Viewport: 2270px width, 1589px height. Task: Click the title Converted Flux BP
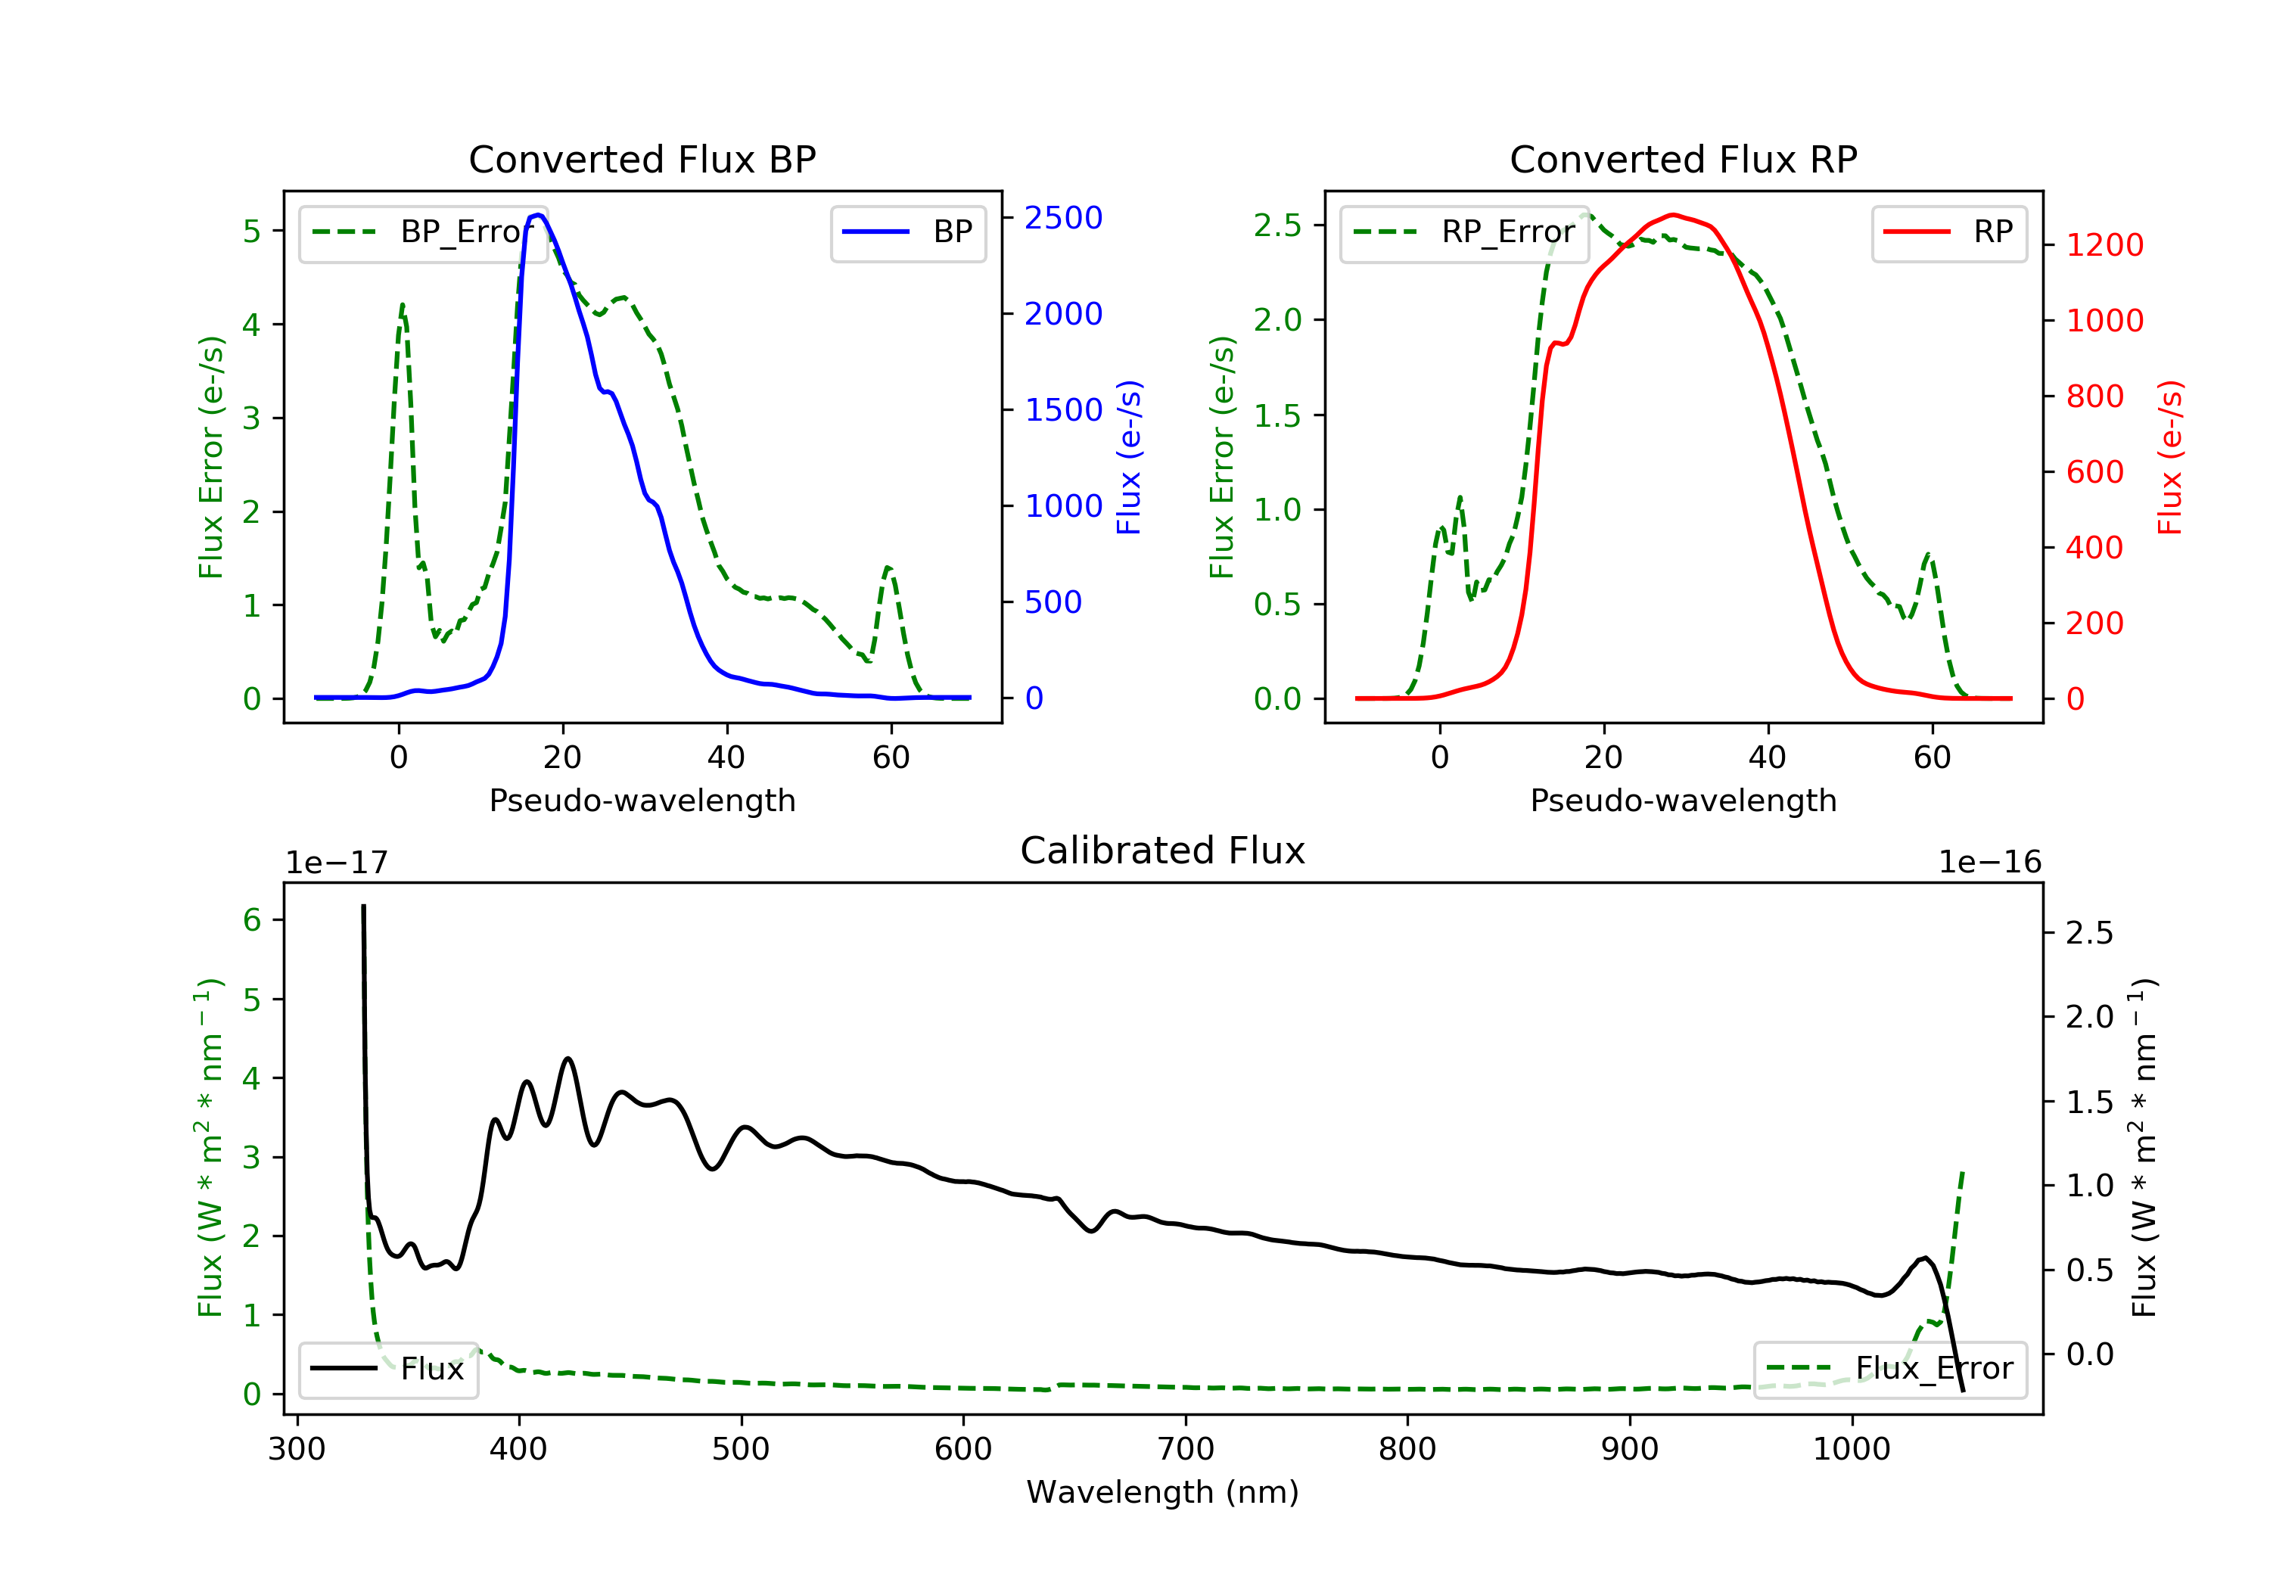(642, 159)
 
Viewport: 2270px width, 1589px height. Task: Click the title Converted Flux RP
(1683, 159)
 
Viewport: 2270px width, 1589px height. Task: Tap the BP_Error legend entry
(422, 232)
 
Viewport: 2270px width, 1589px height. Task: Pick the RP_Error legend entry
(1463, 232)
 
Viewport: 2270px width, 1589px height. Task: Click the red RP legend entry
(1948, 232)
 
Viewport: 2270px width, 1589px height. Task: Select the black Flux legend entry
(389, 1369)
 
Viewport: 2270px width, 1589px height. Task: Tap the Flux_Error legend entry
(1889, 1369)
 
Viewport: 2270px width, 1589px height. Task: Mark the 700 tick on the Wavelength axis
(1184, 1450)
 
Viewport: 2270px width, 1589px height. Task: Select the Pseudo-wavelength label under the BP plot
(642, 800)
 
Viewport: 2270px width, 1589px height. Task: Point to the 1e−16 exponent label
(1989, 863)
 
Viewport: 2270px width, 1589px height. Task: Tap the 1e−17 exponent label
(337, 863)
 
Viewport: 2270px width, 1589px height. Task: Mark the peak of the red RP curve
(1671, 215)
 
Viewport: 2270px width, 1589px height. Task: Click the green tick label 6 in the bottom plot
(252, 921)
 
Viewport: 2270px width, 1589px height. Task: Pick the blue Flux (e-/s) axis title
(1129, 457)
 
